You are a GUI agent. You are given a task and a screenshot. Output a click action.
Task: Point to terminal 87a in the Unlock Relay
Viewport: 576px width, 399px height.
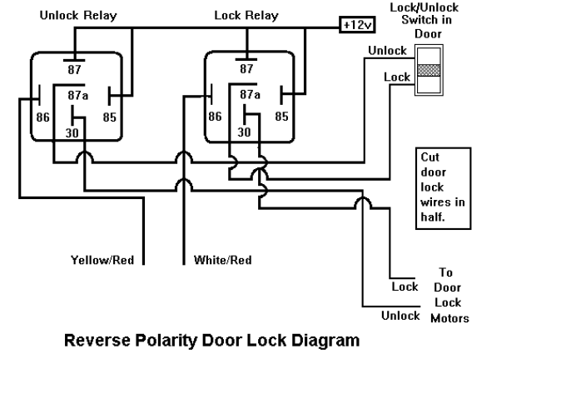pyautogui.click(x=77, y=95)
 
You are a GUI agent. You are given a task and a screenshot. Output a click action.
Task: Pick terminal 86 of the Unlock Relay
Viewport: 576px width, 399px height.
pyautogui.click(x=42, y=117)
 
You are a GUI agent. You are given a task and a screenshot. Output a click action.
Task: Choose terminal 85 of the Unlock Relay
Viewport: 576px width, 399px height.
pyautogui.click(x=110, y=117)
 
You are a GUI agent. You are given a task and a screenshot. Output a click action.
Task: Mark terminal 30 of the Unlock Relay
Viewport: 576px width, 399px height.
pyautogui.click(x=73, y=131)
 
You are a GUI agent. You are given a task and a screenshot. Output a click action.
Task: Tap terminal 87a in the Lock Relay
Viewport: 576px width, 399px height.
pyautogui.click(x=250, y=95)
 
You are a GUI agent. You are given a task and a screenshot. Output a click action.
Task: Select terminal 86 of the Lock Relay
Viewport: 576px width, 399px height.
pyautogui.click(x=215, y=117)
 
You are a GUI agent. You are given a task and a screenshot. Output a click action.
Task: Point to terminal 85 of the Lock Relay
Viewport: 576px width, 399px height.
pyautogui.click(x=282, y=117)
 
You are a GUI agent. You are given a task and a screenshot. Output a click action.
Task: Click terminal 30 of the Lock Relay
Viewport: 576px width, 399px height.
pyautogui.click(x=246, y=131)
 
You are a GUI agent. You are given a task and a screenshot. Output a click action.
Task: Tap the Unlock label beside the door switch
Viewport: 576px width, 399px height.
pyautogui.click(x=388, y=51)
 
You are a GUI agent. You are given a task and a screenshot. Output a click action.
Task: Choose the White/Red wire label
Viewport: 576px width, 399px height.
pyautogui.click(x=222, y=260)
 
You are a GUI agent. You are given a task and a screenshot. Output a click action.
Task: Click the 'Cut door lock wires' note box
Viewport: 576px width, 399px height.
pyautogui.click(x=443, y=188)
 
